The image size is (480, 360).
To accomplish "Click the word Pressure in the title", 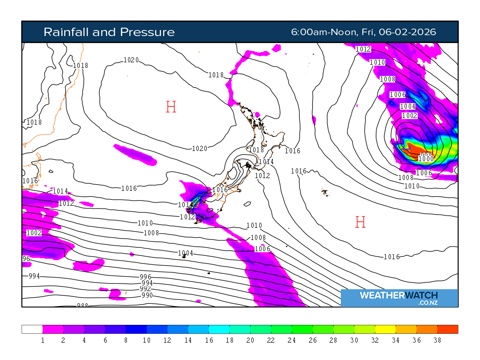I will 147,32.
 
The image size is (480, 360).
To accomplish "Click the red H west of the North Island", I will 171,107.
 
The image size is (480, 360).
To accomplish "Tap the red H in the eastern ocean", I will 360,222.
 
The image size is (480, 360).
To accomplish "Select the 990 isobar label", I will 147,295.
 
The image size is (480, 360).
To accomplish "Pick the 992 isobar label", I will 145,289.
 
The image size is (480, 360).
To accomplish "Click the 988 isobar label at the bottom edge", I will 82,306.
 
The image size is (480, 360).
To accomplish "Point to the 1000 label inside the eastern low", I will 426,159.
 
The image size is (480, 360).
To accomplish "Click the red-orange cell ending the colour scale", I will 448,329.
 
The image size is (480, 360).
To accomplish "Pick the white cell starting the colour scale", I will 32,329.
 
